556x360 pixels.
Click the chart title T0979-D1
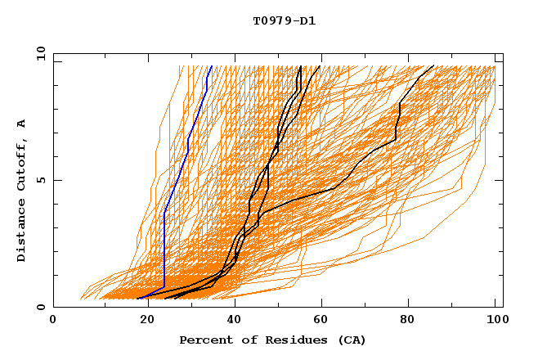pos(285,21)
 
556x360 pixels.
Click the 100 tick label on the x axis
pos(495,322)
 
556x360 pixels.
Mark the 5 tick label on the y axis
pos(39,180)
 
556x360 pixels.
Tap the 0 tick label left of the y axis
pos(39,308)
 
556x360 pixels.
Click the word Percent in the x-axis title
pos(204,340)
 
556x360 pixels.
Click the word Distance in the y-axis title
pos(21,229)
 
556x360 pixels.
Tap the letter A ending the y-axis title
pos(21,123)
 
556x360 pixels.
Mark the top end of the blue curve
pos(212,66)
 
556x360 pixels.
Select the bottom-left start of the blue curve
pos(137,299)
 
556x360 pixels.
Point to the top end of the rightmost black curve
pos(433,66)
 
